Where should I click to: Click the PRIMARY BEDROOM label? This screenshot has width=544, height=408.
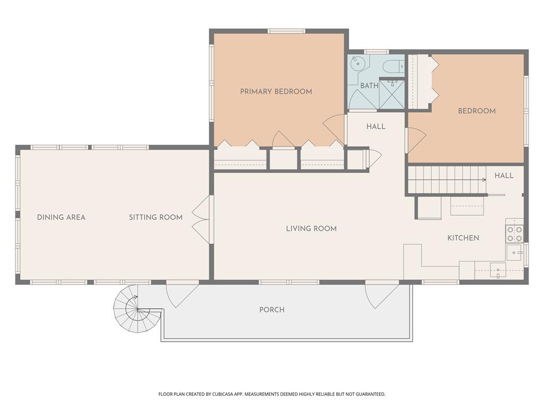(x=276, y=91)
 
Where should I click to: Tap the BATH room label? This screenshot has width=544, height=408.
(x=369, y=86)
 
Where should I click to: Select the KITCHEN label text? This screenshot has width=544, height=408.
(x=463, y=238)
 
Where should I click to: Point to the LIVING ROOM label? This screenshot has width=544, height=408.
(x=311, y=228)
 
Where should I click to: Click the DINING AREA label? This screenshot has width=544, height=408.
(x=61, y=217)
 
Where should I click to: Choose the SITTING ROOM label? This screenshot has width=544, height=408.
(x=156, y=217)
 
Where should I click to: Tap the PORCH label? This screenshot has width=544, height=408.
(x=271, y=310)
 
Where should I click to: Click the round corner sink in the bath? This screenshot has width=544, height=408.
(x=356, y=64)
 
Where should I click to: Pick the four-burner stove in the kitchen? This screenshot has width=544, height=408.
(x=514, y=234)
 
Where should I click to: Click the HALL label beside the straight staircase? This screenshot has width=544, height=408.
(x=504, y=175)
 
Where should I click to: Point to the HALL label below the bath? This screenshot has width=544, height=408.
(x=376, y=126)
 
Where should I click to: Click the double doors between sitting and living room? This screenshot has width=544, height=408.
(x=201, y=219)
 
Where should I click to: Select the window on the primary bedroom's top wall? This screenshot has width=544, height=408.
(x=286, y=31)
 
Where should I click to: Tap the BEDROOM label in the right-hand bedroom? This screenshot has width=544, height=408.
(x=477, y=111)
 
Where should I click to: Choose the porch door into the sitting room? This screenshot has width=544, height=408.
(x=182, y=295)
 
